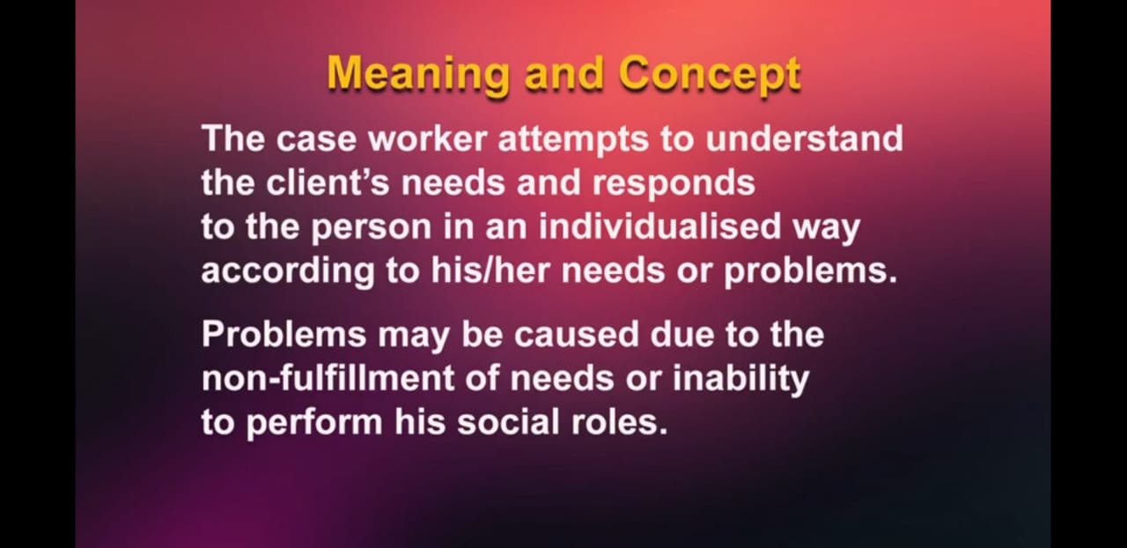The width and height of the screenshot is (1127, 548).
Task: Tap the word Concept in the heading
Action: point(710,75)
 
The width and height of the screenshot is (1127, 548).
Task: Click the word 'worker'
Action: point(428,138)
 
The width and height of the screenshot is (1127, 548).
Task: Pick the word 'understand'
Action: point(804,138)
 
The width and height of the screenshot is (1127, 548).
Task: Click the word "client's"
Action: point(328,181)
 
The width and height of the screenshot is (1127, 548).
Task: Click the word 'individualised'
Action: point(659,226)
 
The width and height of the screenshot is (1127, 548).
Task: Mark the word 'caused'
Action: point(576,335)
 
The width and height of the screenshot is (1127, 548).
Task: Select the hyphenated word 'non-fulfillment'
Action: point(328,378)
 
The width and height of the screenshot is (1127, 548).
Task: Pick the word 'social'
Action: point(508,422)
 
